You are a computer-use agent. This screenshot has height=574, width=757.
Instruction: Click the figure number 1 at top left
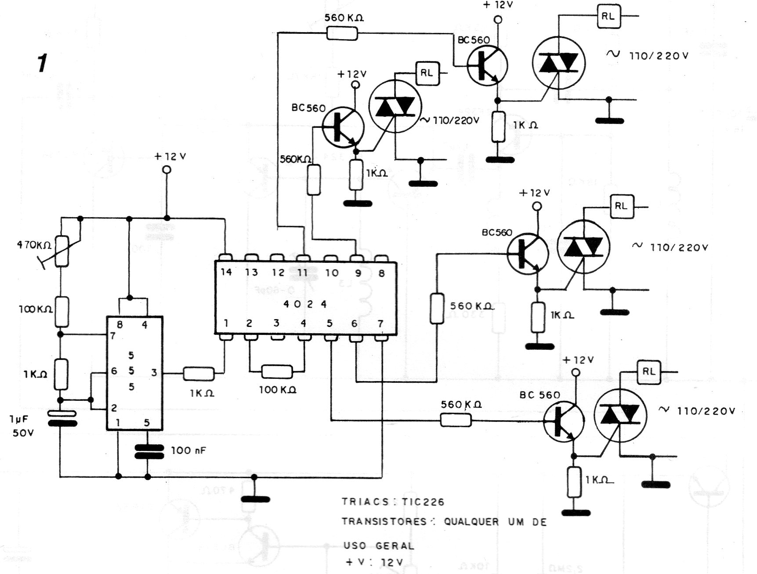click(x=42, y=64)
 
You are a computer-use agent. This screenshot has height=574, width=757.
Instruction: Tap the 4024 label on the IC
click(x=305, y=304)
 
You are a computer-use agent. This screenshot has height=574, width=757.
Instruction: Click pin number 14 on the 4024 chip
click(x=226, y=272)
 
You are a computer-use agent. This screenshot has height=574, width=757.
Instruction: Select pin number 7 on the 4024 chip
click(x=380, y=324)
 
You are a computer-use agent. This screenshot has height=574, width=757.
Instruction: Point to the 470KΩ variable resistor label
click(x=34, y=245)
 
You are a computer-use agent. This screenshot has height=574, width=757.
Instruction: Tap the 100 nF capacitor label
click(x=188, y=450)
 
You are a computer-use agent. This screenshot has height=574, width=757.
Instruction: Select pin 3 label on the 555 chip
click(x=154, y=373)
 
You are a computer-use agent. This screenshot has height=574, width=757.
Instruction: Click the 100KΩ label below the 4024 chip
click(x=277, y=389)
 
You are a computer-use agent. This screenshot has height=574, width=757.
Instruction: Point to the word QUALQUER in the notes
click(x=471, y=522)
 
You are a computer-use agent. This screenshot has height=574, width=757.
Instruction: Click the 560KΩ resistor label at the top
click(x=344, y=18)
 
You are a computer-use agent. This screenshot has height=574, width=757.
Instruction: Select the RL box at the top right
click(x=608, y=17)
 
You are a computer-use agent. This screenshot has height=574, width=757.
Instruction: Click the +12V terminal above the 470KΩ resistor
click(x=166, y=170)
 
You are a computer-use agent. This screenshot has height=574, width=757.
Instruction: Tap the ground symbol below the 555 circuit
click(x=255, y=499)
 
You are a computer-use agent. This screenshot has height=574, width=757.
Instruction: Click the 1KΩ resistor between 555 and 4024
click(x=199, y=374)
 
